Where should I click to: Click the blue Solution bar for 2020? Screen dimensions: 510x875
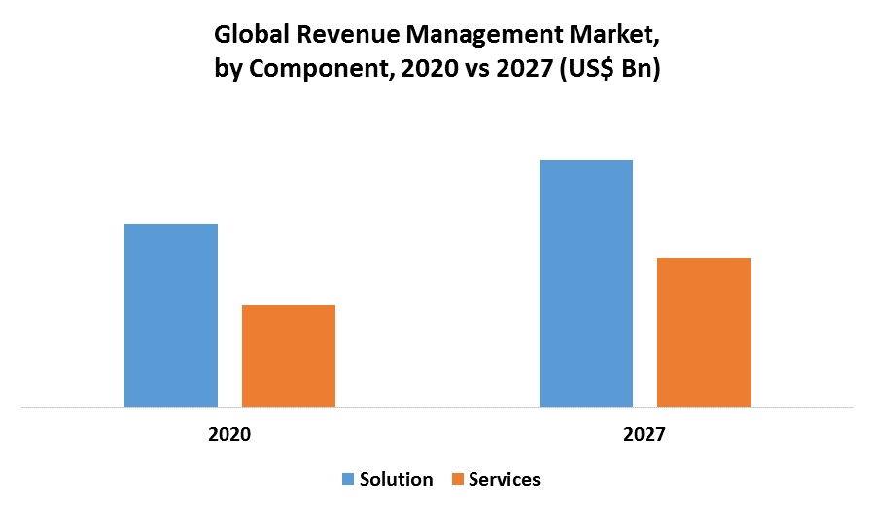tap(171, 316)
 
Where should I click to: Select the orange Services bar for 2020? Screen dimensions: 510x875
tap(289, 356)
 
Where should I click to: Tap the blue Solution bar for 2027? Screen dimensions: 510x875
tap(586, 284)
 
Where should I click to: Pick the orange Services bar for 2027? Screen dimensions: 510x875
tap(704, 332)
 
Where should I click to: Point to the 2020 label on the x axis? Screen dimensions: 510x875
tap(229, 434)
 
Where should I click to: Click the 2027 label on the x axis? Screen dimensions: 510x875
tap(645, 434)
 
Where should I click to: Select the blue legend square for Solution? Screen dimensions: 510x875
tap(348, 479)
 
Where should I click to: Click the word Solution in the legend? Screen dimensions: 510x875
tap(396, 479)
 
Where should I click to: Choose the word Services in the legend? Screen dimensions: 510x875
tap(504, 479)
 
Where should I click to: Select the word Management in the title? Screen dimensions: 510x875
tap(479, 37)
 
